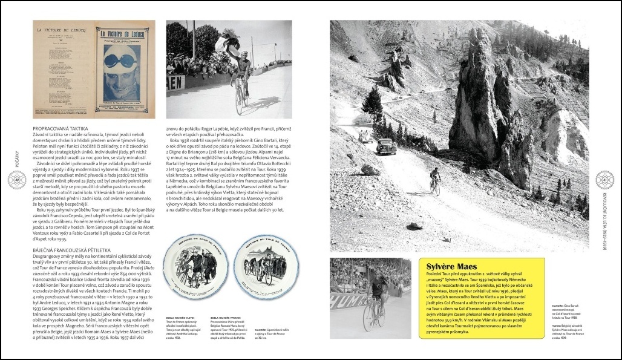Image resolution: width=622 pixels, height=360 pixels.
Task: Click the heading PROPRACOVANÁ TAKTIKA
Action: pyautogui.click(x=61, y=129)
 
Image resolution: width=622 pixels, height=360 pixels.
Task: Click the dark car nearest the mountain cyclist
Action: pyautogui.click(x=385, y=146)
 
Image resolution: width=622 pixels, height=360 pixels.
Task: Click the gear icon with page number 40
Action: pyautogui.click(x=18, y=180)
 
